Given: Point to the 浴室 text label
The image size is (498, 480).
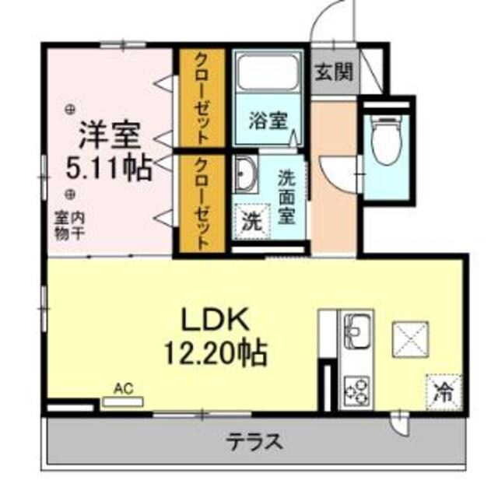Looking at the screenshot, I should click(268, 121).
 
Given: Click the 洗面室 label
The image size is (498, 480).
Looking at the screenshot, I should click(288, 194).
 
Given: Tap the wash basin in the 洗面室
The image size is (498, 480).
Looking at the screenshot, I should click(245, 173).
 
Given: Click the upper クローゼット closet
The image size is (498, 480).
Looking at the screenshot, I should click(201, 99).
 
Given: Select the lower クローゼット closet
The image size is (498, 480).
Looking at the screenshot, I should click(201, 204).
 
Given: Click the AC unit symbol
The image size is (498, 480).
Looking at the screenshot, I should click(123, 401).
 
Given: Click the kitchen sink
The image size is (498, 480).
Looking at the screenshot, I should click(357, 331).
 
